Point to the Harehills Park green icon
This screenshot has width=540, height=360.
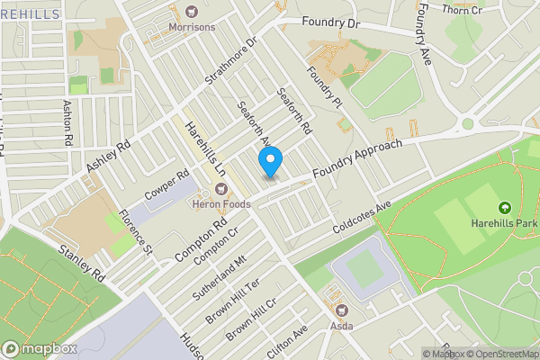pyautogui.click(x=503, y=210)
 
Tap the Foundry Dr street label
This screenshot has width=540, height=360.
pyautogui.click(x=329, y=22)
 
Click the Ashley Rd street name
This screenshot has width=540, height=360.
pyautogui.click(x=109, y=157)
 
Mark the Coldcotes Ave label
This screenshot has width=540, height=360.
pyautogui.click(x=362, y=217)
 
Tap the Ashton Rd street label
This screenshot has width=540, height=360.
pyautogui.click(x=67, y=122)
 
